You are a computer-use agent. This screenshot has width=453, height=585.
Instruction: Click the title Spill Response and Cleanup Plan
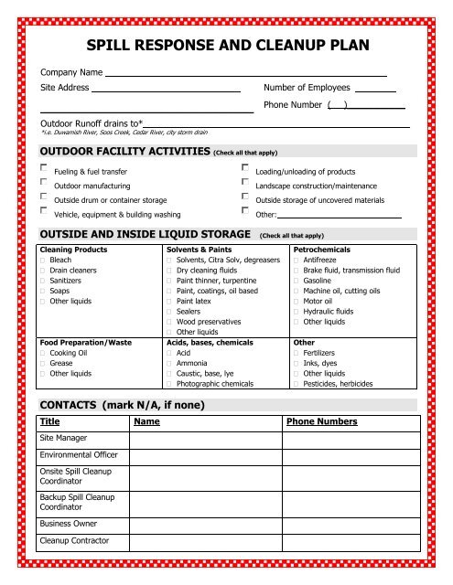point(226,42)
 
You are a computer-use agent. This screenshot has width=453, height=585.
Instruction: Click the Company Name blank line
point(245,70)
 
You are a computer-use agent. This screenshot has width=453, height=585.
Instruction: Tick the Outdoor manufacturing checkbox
point(45,184)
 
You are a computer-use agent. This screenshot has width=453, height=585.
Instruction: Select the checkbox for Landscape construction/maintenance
point(245,184)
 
